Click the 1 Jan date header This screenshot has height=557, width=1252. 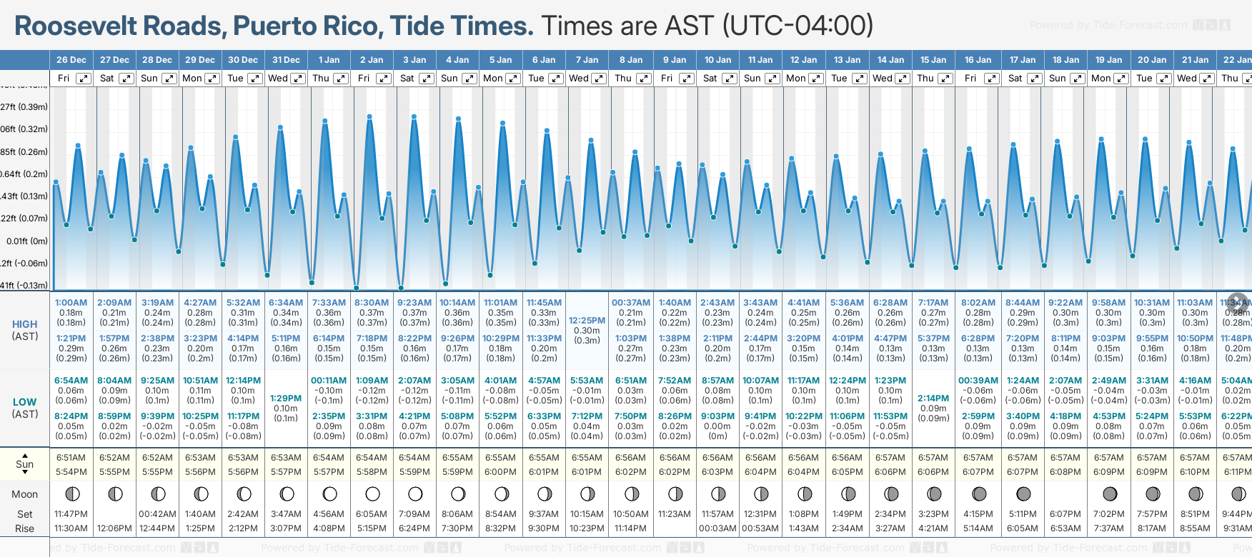point(329,60)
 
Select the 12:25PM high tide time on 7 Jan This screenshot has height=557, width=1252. point(587,321)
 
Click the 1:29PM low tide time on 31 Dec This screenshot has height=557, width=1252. point(286,398)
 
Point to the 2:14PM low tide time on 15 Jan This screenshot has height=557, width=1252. point(933,398)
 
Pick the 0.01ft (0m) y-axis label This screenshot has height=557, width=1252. point(27,241)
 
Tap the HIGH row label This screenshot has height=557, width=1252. point(25,324)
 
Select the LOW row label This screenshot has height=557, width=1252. point(25,402)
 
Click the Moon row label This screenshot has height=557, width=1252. point(25,494)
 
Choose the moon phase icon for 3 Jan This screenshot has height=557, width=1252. point(415,494)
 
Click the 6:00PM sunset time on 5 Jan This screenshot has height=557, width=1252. point(500,472)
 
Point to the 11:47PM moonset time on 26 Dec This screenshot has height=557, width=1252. point(71,514)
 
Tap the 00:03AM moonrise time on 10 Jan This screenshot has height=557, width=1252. point(717,528)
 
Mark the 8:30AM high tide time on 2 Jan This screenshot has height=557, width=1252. point(372,303)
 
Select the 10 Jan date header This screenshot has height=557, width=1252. point(717,60)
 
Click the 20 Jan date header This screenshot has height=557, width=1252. point(1152,60)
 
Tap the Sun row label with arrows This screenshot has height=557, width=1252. point(25,464)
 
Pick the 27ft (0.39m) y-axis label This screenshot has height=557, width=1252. point(24,107)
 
